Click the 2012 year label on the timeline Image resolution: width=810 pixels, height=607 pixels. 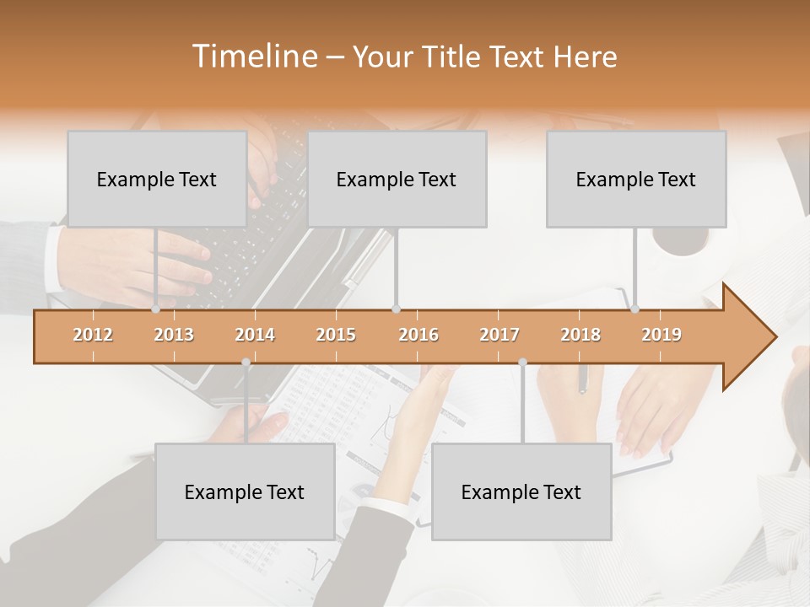click(x=93, y=335)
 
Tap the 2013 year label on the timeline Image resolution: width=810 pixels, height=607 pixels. click(x=174, y=335)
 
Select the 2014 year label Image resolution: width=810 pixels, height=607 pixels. click(x=255, y=335)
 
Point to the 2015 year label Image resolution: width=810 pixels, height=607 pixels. click(x=336, y=335)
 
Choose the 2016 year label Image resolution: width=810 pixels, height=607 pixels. click(x=418, y=335)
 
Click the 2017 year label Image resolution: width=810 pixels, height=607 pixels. click(x=499, y=335)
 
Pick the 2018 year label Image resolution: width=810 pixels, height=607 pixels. click(x=580, y=335)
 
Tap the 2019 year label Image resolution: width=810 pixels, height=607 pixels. click(x=661, y=335)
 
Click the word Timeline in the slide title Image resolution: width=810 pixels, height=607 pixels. click(x=254, y=56)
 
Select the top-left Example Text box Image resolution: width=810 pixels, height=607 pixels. click(x=157, y=179)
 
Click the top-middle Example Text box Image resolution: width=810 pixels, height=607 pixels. click(x=397, y=179)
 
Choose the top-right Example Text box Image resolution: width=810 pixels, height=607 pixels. click(x=636, y=179)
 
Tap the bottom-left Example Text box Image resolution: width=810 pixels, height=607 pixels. click(x=245, y=492)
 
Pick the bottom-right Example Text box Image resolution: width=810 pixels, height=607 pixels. click(x=521, y=492)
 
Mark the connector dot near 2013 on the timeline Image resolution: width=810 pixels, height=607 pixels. click(x=156, y=309)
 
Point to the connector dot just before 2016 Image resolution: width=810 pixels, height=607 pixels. click(x=397, y=309)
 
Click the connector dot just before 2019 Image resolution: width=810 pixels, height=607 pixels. click(x=635, y=309)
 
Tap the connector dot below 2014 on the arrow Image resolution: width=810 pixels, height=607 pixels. click(x=246, y=363)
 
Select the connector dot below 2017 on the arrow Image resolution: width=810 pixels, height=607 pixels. click(x=522, y=363)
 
